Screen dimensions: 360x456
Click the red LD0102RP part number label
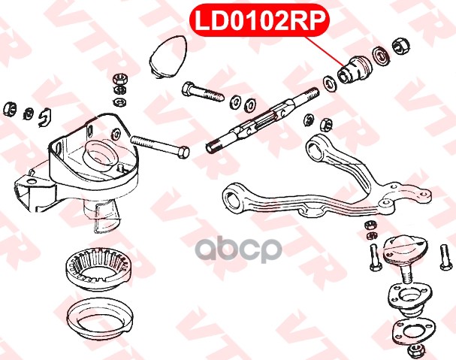tap(262, 21)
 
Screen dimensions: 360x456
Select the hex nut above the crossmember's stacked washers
tap(118, 77)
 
